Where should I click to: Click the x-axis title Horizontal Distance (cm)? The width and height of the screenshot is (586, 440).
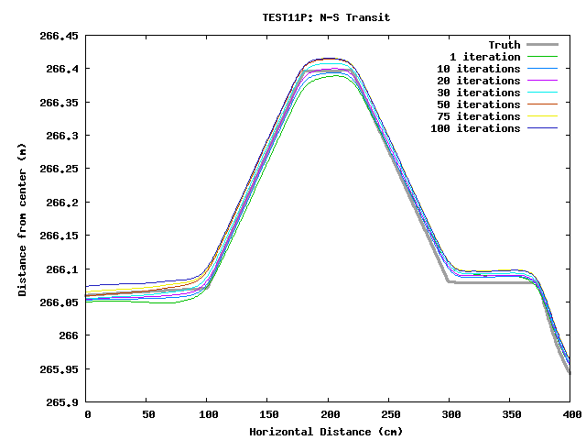click(326, 431)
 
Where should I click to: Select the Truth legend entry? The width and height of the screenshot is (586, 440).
click(504, 45)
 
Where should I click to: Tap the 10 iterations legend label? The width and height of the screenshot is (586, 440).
click(479, 69)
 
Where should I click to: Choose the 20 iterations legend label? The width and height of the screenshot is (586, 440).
click(479, 81)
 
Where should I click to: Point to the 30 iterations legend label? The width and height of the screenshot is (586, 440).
click(479, 93)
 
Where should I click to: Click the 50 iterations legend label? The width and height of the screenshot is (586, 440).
click(479, 104)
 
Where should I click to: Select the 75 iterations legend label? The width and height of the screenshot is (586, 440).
click(479, 116)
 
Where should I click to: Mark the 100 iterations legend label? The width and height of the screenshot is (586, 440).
click(475, 128)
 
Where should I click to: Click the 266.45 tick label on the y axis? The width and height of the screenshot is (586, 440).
click(59, 36)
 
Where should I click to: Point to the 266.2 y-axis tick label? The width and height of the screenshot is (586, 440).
click(62, 203)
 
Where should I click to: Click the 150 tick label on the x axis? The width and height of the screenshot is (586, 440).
click(268, 416)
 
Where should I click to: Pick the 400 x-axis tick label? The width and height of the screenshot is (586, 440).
click(570, 416)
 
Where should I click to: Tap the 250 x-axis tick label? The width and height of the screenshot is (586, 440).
click(389, 416)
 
